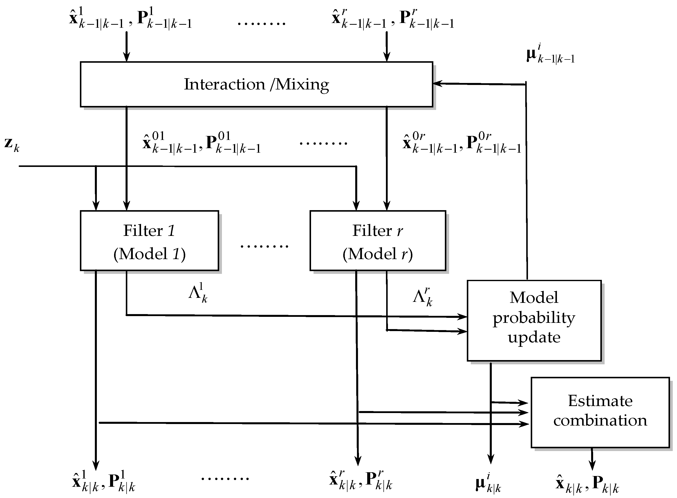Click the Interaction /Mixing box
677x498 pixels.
click(x=256, y=84)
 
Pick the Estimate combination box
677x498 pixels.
click(x=600, y=412)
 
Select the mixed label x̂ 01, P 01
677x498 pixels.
click(x=201, y=143)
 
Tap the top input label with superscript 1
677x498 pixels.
click(x=130, y=19)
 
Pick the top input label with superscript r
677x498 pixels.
click(x=393, y=19)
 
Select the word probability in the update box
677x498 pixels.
click(x=534, y=318)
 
